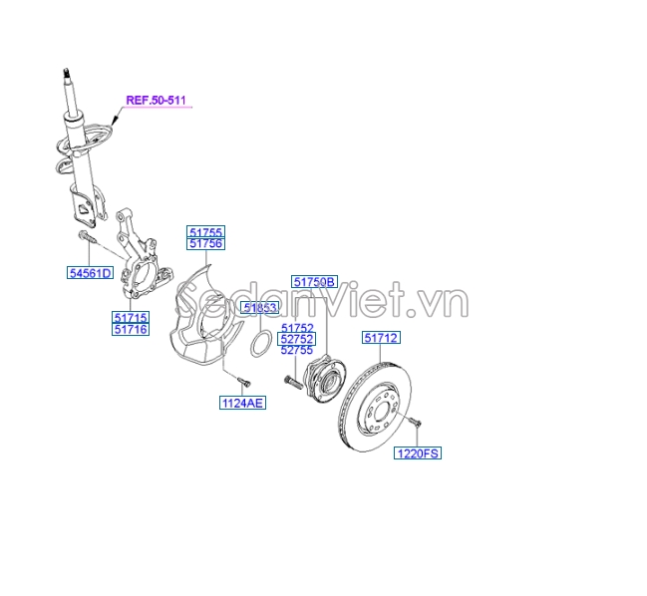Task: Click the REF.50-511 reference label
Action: (157, 100)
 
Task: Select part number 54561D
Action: (89, 273)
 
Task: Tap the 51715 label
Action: (131, 317)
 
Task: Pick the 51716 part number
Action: (131, 329)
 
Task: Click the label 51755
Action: (205, 232)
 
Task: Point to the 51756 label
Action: (205, 244)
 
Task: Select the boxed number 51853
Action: (260, 308)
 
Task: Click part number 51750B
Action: (315, 282)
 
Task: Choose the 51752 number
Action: (297, 328)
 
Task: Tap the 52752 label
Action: (297, 339)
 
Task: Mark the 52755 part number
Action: (297, 351)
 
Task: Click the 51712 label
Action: (381, 338)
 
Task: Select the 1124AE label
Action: (243, 403)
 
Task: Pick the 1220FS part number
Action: (418, 453)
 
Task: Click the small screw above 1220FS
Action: (416, 426)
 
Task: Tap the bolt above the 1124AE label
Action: (241, 379)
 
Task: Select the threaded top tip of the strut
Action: (66, 72)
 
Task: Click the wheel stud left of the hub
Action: (291, 380)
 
